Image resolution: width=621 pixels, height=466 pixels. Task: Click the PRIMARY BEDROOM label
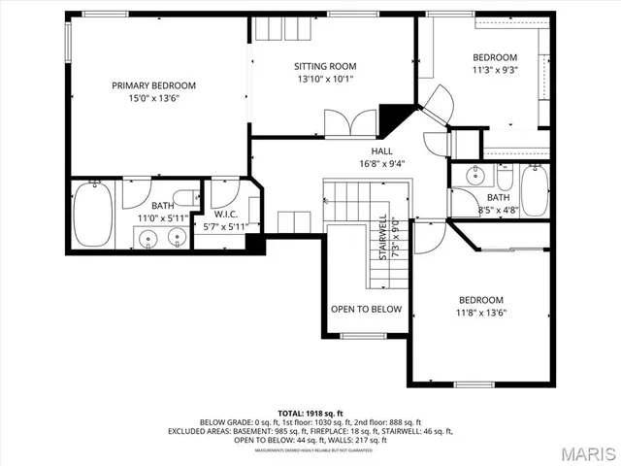(153, 85)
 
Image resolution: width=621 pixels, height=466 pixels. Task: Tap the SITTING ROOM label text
(333, 66)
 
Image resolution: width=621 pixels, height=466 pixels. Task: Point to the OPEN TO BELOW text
(366, 309)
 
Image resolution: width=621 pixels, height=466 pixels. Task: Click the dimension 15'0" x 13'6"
(153, 98)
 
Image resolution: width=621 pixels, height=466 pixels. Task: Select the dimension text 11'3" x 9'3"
(495, 70)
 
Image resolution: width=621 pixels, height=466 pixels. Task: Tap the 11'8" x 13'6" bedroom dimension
(482, 313)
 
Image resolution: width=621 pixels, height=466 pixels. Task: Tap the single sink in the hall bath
(475, 177)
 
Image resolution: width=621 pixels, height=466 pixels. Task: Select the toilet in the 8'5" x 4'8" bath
(503, 179)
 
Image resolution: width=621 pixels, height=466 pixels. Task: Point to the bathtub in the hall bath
(535, 190)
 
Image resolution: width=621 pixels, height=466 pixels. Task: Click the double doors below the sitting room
(350, 123)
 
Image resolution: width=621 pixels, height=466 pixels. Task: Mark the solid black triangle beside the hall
(394, 119)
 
